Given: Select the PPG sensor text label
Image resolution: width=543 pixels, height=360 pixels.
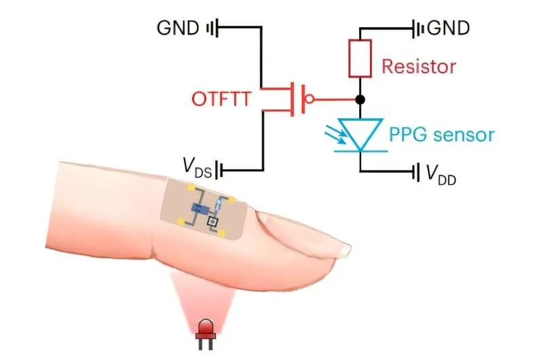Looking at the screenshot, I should click(442, 134).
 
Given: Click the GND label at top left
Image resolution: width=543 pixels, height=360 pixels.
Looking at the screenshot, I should click(178, 28).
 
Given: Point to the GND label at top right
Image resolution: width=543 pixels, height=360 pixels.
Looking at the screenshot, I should click(448, 29).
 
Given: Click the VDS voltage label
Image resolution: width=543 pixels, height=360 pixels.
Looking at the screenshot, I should click(197, 166).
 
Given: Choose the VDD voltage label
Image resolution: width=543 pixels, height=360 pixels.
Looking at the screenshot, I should click(441, 175).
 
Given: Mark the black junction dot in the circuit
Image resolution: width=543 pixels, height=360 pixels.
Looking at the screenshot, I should click(360, 100).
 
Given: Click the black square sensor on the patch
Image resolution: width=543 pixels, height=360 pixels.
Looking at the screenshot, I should click(212, 221).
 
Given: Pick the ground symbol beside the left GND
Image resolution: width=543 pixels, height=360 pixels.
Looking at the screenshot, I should click(212, 28).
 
